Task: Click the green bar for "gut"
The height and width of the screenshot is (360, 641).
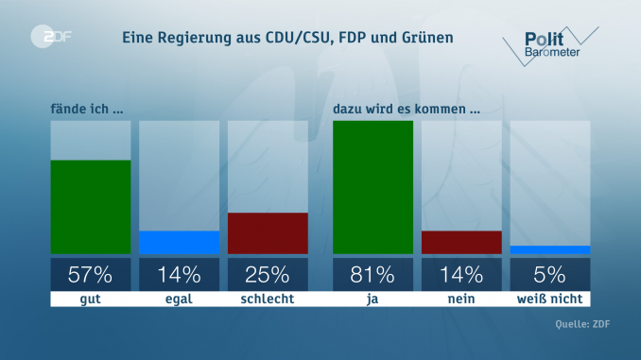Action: [x=90, y=207]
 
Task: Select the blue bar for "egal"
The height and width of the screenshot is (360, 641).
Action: [x=179, y=243]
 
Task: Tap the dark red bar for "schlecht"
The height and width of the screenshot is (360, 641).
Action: [x=268, y=233]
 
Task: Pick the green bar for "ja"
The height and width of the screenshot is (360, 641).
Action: [x=372, y=187]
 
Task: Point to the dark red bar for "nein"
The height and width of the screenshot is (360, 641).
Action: [x=461, y=242]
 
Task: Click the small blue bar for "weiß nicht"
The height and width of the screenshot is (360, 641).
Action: [x=550, y=250]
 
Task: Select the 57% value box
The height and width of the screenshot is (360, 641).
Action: [x=90, y=275]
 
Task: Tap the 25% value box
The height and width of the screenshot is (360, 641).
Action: [x=268, y=275]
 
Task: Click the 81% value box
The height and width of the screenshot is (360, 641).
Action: [x=372, y=275]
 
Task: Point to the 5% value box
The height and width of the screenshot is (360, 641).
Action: [x=550, y=275]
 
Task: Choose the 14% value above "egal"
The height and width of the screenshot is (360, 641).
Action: [x=179, y=275]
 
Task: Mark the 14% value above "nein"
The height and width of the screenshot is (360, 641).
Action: [x=461, y=275]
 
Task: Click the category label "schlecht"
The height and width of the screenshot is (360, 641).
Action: [x=268, y=299]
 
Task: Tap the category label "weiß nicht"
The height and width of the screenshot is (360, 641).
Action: [x=550, y=299]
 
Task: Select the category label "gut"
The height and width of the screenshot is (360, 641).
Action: [x=90, y=299]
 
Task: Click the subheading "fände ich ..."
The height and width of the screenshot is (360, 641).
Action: [x=87, y=108]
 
